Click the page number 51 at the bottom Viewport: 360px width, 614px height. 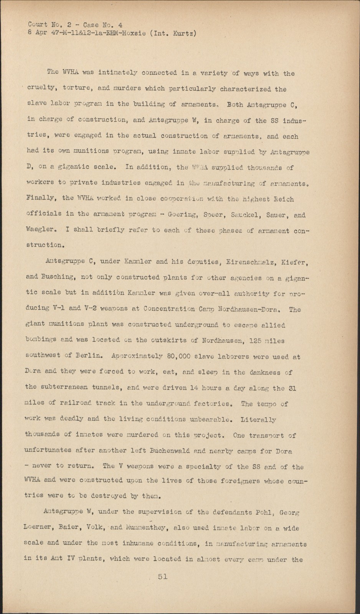162,576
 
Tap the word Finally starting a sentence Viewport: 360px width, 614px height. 41,198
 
